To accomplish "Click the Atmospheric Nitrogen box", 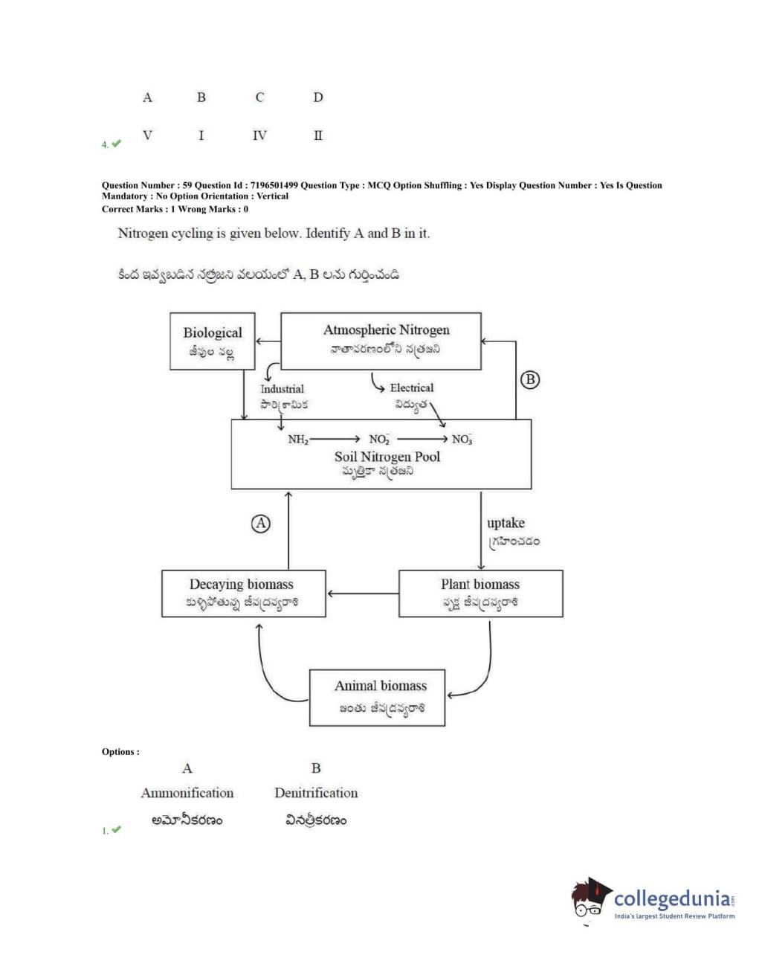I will (x=381, y=341).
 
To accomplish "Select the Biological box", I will (x=212, y=341).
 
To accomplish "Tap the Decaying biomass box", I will (x=243, y=594).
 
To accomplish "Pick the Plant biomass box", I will (x=480, y=594).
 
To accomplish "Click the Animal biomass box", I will (x=378, y=698).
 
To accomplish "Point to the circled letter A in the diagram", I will (x=260, y=524).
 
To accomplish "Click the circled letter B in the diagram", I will (x=529, y=379).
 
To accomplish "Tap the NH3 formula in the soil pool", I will (x=298, y=440).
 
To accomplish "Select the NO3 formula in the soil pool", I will (x=462, y=440).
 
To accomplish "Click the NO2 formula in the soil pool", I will (x=379, y=440).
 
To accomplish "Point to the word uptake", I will (x=506, y=523).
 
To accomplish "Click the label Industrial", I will (x=282, y=389).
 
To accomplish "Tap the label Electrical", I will (x=411, y=388).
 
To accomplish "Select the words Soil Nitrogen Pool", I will (x=387, y=457).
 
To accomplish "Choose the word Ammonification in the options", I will (x=187, y=793).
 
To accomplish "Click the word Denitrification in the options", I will (x=316, y=793).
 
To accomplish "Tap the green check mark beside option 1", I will (x=116, y=829).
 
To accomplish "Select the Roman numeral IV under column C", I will (x=259, y=135).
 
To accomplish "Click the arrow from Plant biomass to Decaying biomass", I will (x=362, y=594).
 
